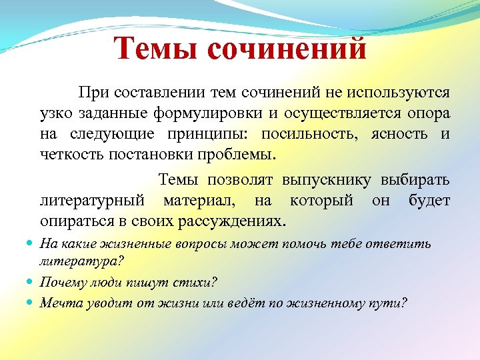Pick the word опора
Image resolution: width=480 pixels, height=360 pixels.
click(x=427, y=113)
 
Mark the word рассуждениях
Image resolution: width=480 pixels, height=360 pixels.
click(x=241, y=221)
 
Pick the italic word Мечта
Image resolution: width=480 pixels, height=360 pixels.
click(x=59, y=303)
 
